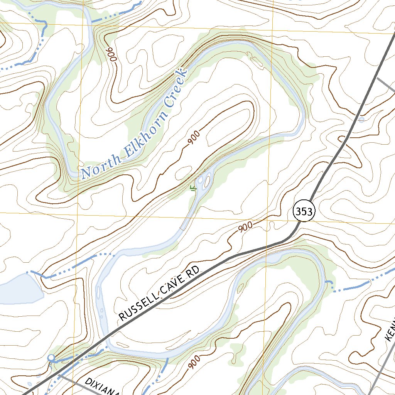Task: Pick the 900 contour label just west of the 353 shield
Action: point(245,227)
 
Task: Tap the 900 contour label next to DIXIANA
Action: point(195,362)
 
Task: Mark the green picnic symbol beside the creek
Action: point(193,188)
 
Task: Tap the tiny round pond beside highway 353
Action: point(361,120)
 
